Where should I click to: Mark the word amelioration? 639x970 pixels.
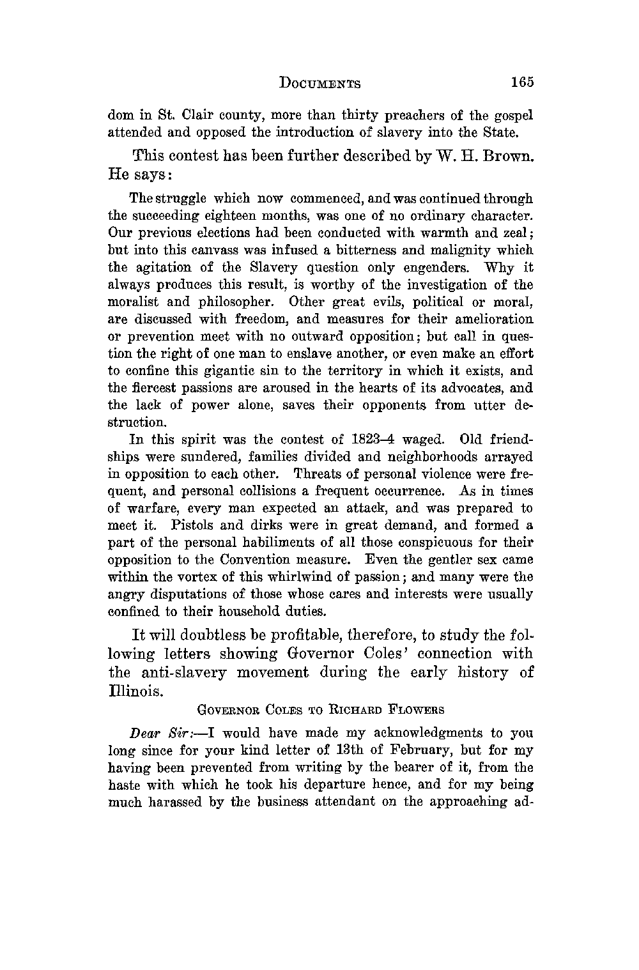pos(495,319)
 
